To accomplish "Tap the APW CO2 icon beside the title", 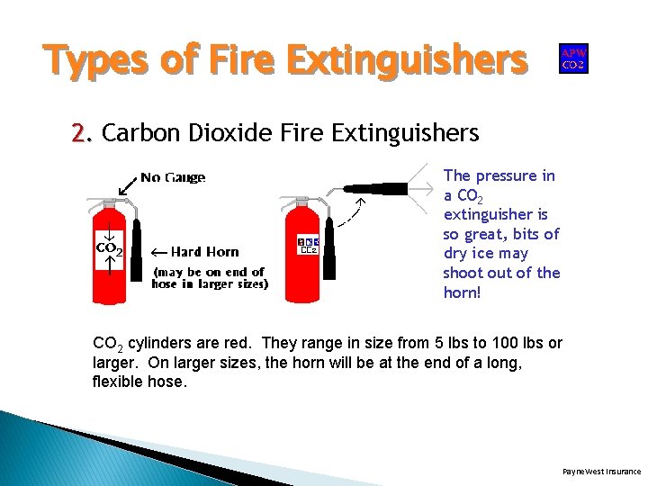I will (x=573, y=58).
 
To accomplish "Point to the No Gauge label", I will (x=173, y=177).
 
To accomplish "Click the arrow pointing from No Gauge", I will (x=127, y=186).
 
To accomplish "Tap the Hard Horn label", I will (x=204, y=252).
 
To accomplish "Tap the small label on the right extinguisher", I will (x=308, y=245).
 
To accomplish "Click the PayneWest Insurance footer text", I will (x=601, y=471).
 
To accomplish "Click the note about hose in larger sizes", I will (x=210, y=278).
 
